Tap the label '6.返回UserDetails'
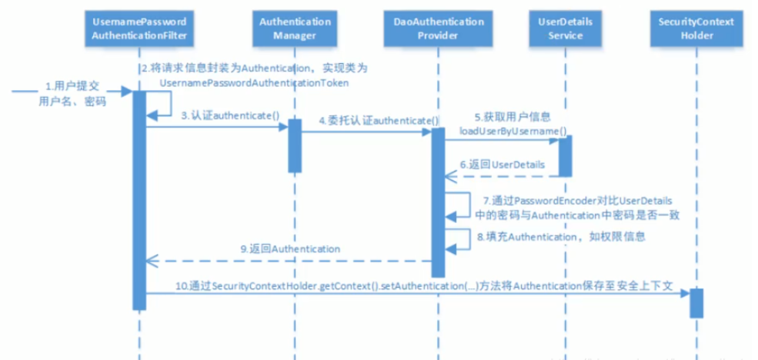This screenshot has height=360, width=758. click(x=503, y=165)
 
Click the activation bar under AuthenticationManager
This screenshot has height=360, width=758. click(x=294, y=145)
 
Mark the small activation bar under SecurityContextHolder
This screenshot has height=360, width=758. click(x=696, y=302)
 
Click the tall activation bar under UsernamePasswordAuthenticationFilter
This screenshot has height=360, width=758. click(x=139, y=200)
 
